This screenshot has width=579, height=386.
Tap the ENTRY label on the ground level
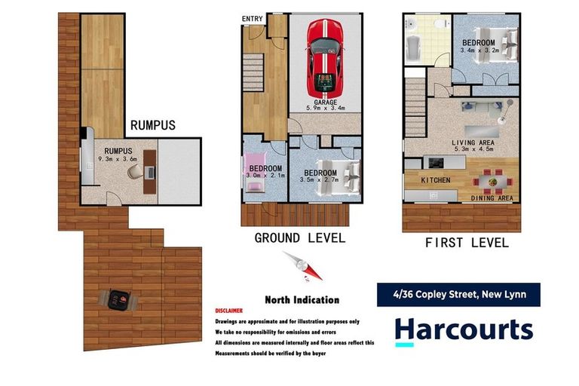[x=253, y=19]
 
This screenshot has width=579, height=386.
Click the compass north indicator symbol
[x=302, y=266]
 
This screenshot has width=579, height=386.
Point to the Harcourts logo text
[x=464, y=330]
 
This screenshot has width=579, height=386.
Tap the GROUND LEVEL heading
[x=299, y=238]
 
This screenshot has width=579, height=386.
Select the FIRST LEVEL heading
[x=467, y=243]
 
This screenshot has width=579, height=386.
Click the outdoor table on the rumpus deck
[x=118, y=300]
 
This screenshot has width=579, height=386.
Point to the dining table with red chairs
[x=491, y=181]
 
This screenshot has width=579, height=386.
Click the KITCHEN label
[x=435, y=180]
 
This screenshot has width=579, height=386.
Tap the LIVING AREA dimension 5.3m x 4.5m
[x=473, y=149]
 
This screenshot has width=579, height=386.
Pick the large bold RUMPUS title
[x=153, y=125]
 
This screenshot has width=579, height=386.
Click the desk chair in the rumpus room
[x=135, y=172]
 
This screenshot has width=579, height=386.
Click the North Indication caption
[x=302, y=299]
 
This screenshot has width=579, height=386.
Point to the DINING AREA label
[x=492, y=198]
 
